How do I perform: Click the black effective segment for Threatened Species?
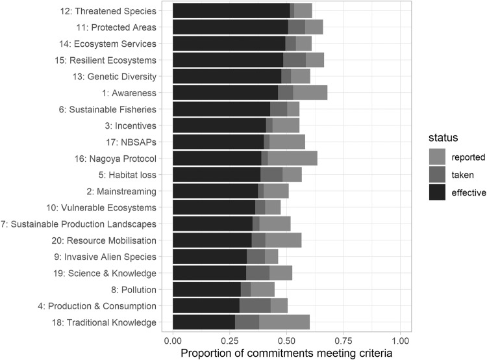click(x=231, y=10)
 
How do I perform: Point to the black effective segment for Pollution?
click(x=206, y=290)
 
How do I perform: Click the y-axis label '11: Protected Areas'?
click(x=117, y=27)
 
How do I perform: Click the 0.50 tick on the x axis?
click(x=286, y=340)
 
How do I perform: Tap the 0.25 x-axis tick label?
click(x=229, y=340)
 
